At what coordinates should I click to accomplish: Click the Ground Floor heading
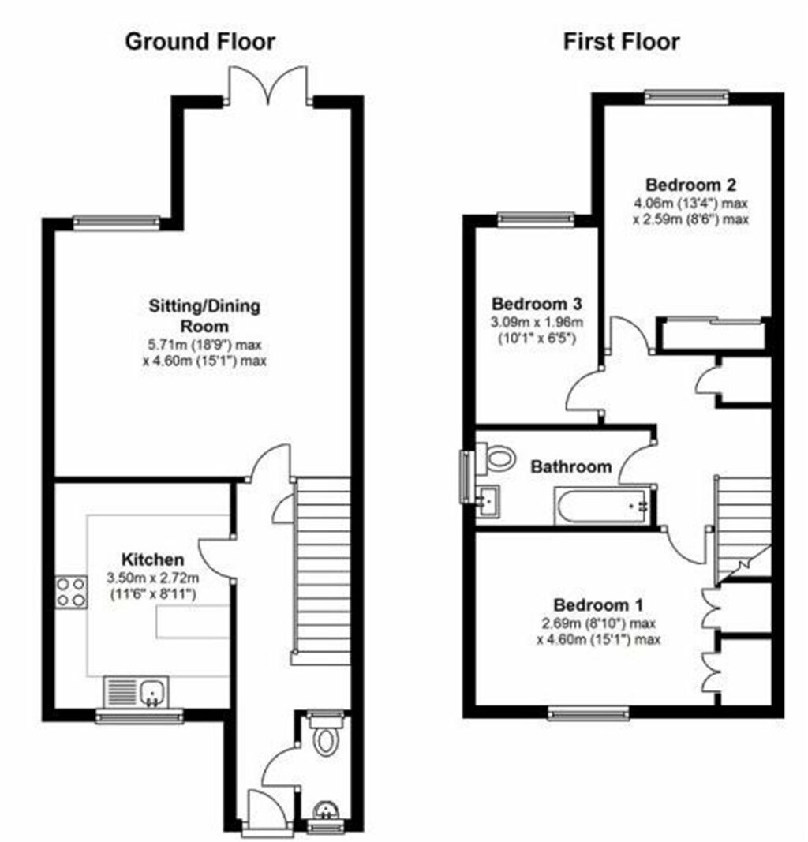tap(200, 41)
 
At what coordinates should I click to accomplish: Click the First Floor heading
tap(621, 41)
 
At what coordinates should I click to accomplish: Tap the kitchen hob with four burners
tap(70, 592)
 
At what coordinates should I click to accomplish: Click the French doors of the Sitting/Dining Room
tap(267, 86)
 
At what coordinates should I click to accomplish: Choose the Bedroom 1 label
tap(598, 605)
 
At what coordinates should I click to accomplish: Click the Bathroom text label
tap(570, 467)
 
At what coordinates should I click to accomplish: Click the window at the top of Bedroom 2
tap(685, 97)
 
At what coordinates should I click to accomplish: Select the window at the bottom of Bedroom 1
tap(589, 713)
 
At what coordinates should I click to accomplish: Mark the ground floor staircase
tap(323, 567)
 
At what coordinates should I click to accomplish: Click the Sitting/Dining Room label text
tap(204, 315)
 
